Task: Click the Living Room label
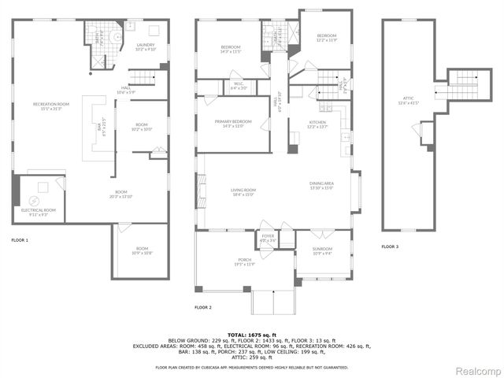point(243,191)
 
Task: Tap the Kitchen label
point(317,124)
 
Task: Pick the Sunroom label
point(322,250)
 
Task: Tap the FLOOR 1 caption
point(20,239)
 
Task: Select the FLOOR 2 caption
point(203,307)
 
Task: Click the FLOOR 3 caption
point(390,246)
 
